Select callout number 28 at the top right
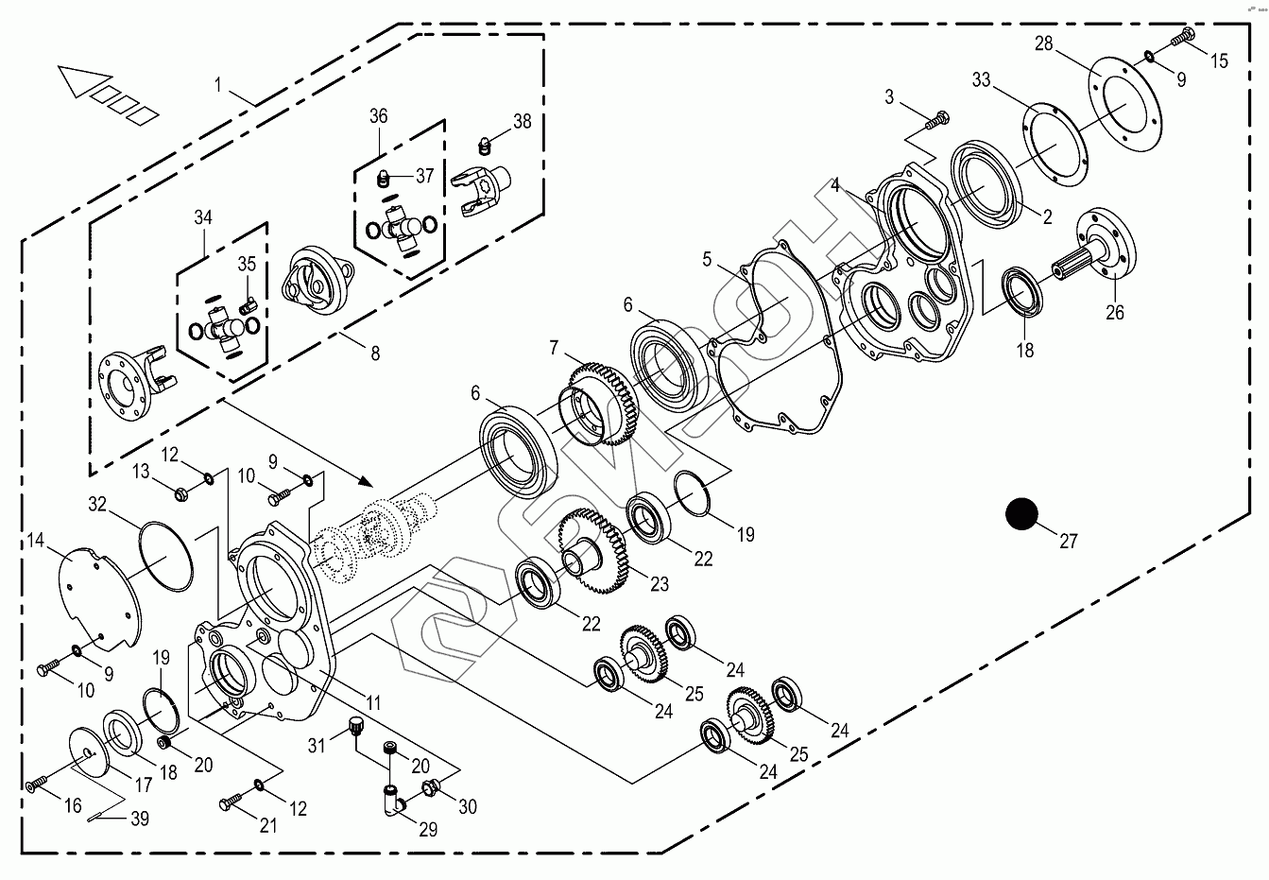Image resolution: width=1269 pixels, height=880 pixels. click(x=1043, y=43)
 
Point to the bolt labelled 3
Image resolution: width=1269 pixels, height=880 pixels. click(x=936, y=120)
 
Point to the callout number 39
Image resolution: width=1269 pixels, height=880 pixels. click(x=140, y=820)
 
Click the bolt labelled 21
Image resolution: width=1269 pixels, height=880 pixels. click(x=231, y=803)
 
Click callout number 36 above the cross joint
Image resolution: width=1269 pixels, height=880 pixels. click(x=378, y=116)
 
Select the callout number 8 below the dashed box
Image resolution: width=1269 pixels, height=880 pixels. click(x=375, y=354)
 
